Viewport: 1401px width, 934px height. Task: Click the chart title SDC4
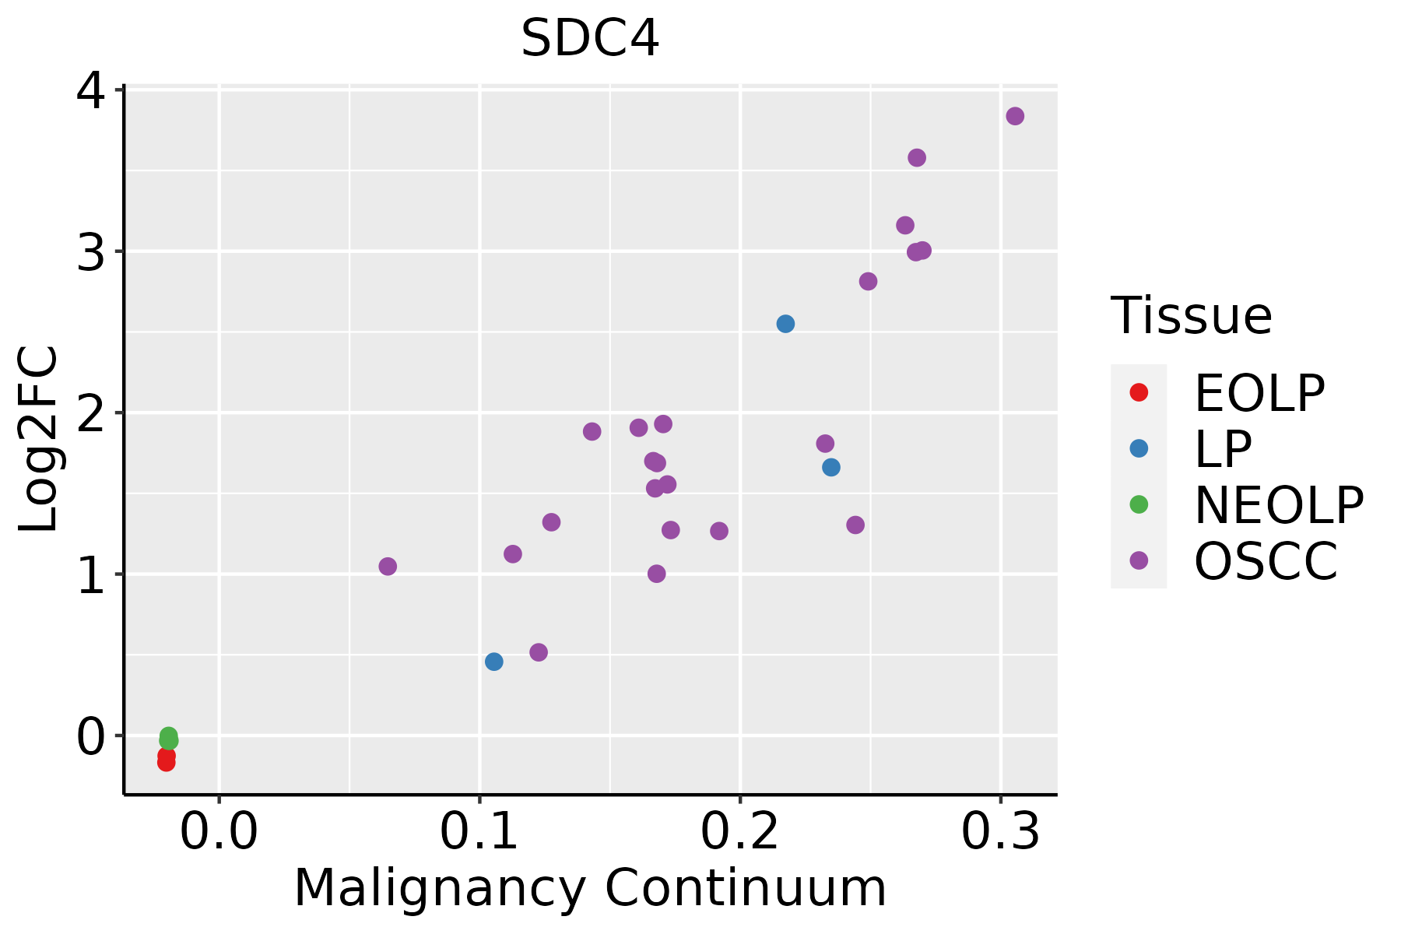point(590,38)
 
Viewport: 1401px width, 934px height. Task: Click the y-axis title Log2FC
point(38,440)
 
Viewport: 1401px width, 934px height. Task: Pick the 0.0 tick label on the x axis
point(219,832)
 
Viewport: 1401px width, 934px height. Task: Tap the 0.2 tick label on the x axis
point(740,832)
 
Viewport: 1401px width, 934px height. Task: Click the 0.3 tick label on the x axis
point(1000,832)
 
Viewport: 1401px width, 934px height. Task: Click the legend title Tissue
point(1191,316)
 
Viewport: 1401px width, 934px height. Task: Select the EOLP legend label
point(1259,393)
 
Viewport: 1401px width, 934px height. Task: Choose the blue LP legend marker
point(1139,448)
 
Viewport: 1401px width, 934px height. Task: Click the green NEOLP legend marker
point(1139,504)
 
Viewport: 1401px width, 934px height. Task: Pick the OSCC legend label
point(1266,561)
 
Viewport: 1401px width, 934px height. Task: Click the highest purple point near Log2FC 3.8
point(1015,116)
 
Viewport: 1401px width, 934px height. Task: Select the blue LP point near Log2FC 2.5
point(785,324)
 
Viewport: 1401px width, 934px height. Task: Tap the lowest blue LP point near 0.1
point(493,662)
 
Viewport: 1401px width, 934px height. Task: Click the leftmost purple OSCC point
point(388,567)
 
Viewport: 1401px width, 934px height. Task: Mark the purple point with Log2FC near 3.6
point(917,158)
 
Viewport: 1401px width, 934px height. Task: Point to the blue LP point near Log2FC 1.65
point(831,467)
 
